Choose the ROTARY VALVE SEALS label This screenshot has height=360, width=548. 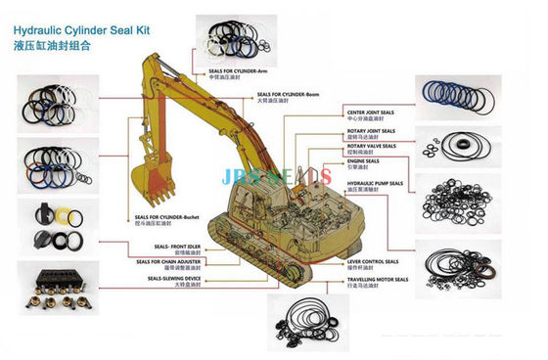371,146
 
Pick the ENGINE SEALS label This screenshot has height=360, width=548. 363,162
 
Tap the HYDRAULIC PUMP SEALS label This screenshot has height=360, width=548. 375,183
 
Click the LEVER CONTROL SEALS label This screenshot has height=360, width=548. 371,262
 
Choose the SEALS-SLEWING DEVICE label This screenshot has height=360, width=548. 175,279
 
